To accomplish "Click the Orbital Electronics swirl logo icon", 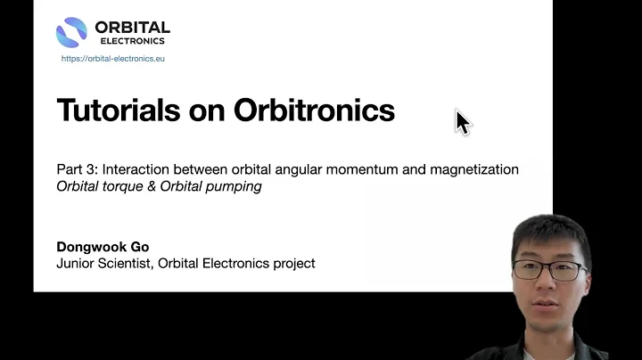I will pos(71,33).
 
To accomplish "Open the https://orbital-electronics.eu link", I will pos(113,59).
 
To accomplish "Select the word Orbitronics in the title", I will pos(313,110).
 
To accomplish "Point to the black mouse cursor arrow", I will pos(462,121).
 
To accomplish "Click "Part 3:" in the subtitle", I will pos(76,169).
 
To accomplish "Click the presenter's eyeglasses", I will pos(553,269).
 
